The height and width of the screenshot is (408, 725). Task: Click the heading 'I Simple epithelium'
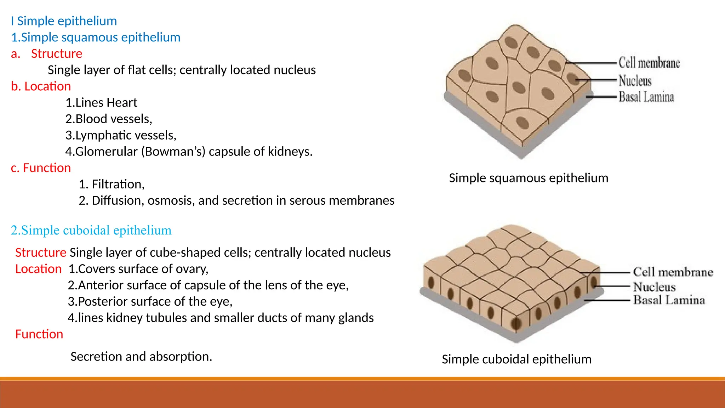pyautogui.click(x=64, y=21)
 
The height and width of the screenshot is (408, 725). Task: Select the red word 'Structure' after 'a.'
pyautogui.click(x=57, y=54)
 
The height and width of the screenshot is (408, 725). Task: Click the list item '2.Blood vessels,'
pyautogui.click(x=109, y=119)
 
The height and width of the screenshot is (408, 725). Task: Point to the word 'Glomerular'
pyautogui.click(x=106, y=152)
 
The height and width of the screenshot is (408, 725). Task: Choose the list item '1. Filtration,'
pyautogui.click(x=112, y=184)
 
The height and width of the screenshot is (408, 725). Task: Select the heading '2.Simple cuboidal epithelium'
pyautogui.click(x=91, y=231)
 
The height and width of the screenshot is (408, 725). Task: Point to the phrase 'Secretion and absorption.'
pyautogui.click(x=141, y=357)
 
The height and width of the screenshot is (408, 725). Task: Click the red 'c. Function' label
pyautogui.click(x=41, y=168)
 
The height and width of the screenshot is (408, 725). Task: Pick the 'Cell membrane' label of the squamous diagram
pyautogui.click(x=649, y=63)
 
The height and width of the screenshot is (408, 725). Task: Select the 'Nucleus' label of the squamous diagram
pyautogui.click(x=635, y=81)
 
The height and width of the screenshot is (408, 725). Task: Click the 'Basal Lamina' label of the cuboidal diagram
pyautogui.click(x=669, y=300)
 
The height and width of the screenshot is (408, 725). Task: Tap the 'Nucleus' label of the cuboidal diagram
pyautogui.click(x=654, y=287)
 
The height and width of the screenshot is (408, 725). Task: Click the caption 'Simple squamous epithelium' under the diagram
pyautogui.click(x=529, y=178)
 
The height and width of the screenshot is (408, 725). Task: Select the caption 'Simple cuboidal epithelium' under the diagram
pyautogui.click(x=516, y=359)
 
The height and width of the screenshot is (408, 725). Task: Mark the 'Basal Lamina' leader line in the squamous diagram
pyautogui.click(x=602, y=96)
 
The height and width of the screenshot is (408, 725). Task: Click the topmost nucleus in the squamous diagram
pyautogui.click(x=511, y=42)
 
